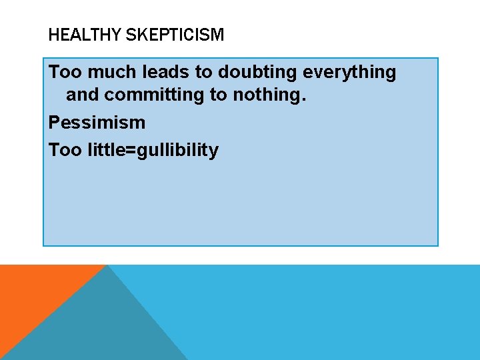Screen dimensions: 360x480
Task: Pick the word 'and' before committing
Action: [x=82, y=95]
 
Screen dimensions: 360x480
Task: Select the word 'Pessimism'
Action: [x=97, y=123]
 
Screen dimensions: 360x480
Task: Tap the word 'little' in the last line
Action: [x=111, y=150]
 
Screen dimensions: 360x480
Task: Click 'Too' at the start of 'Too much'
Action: [x=65, y=72]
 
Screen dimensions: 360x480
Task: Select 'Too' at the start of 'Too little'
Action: [x=65, y=150]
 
